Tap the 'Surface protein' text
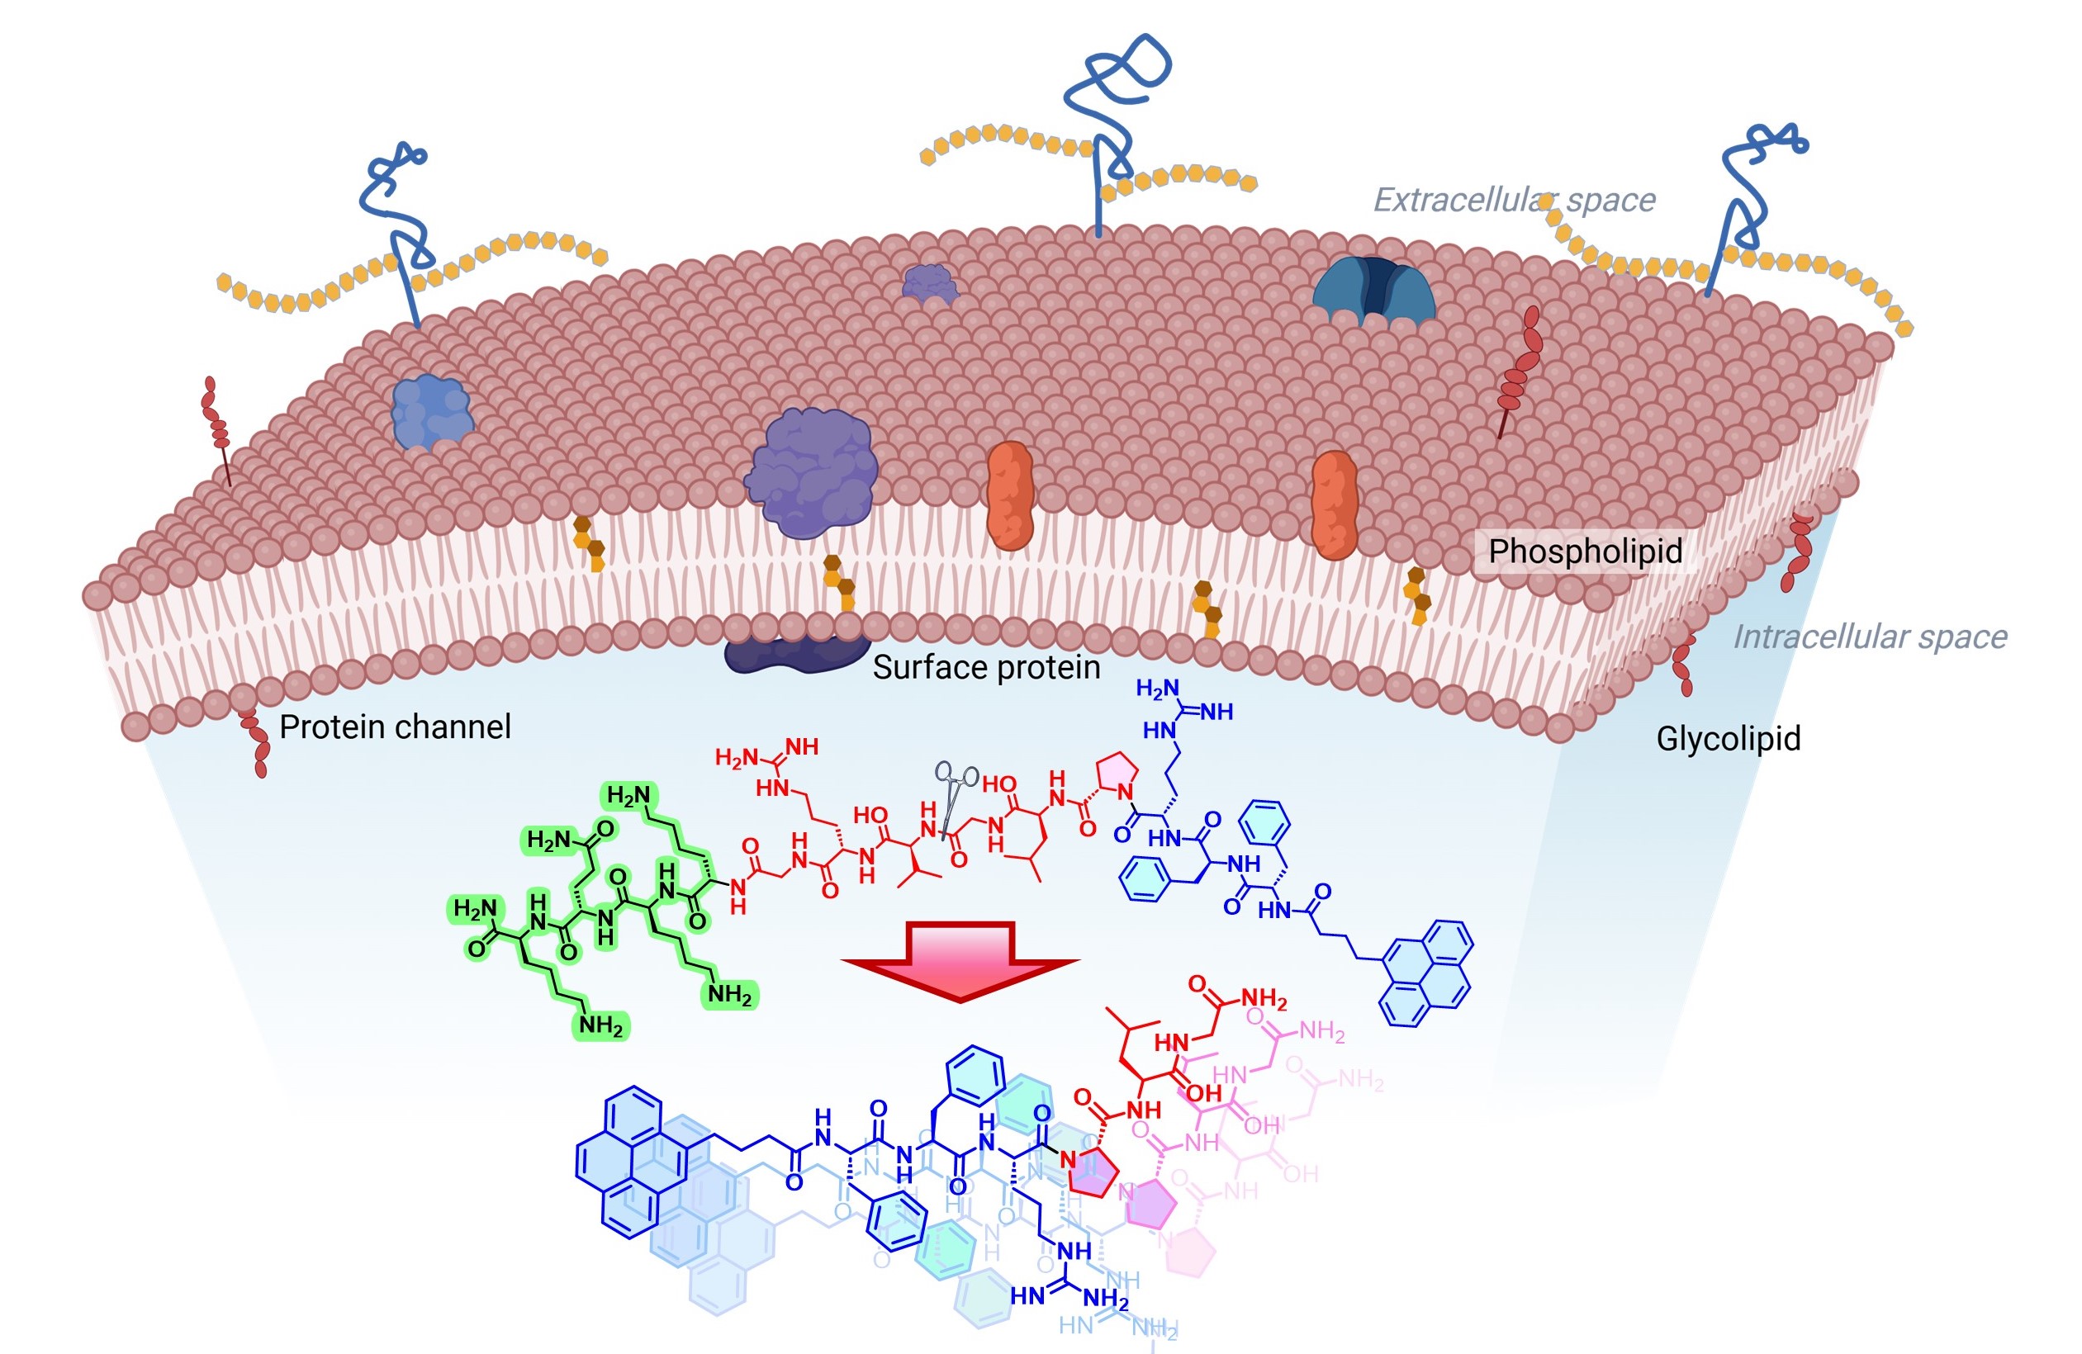pos(986,667)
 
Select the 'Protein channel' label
pos(395,727)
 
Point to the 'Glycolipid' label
pos(1728,739)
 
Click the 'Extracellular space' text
pos(1513,201)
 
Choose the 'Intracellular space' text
pos(1870,637)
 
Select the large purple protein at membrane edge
pos(812,472)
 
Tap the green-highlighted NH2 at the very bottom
pos(601,1026)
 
